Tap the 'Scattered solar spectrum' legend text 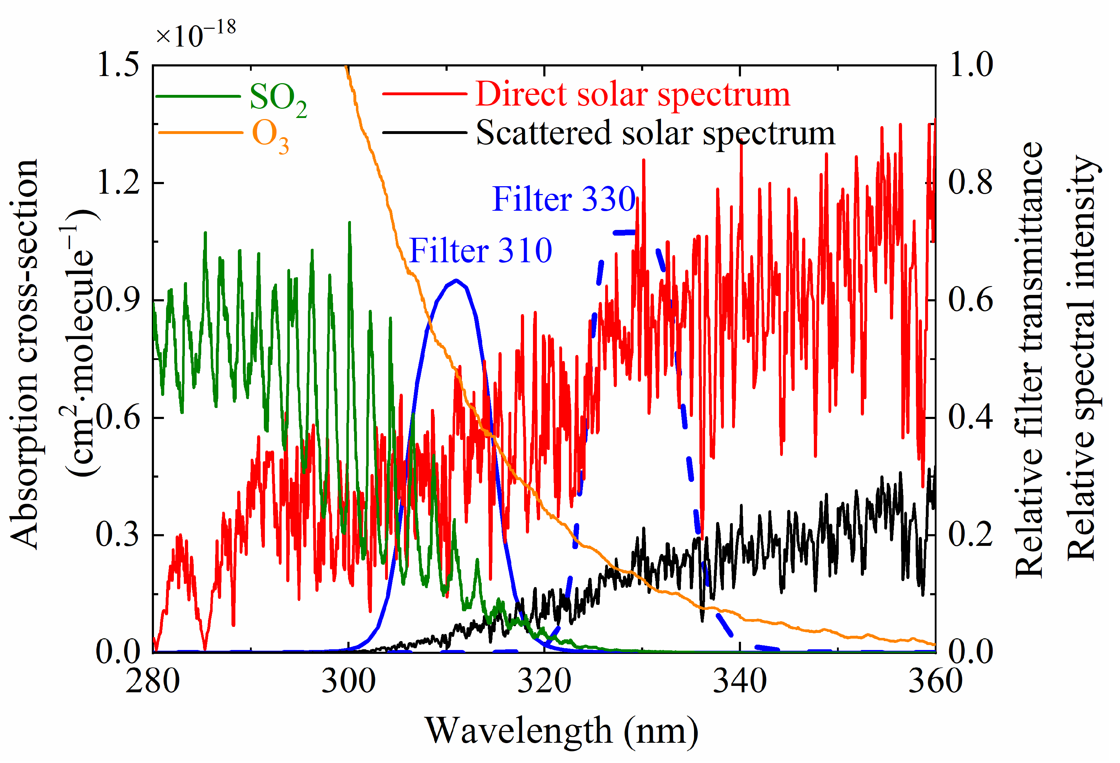655,133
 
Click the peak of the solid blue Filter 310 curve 455,281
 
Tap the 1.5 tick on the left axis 118,65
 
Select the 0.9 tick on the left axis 118,300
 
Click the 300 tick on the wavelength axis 348,682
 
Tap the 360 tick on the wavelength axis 935,682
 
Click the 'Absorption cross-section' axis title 24,354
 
